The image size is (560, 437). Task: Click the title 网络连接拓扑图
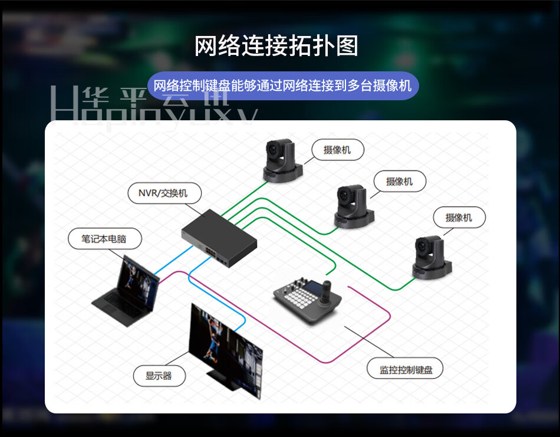(276, 47)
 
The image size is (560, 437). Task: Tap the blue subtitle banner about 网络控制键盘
(282, 86)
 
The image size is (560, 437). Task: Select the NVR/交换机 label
(165, 193)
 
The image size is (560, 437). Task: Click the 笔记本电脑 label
(104, 239)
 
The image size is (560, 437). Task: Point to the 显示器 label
(158, 375)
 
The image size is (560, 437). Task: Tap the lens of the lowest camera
(423, 248)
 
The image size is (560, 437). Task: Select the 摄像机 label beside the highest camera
(337, 150)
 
